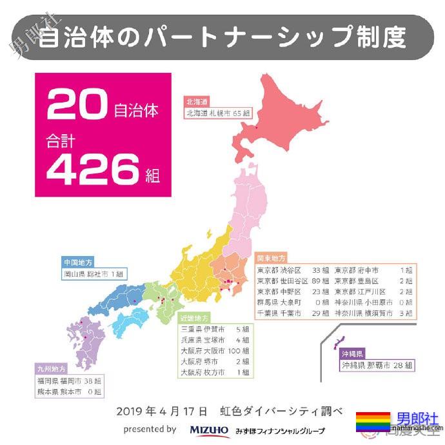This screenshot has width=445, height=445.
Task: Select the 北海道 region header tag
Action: (x=197, y=102)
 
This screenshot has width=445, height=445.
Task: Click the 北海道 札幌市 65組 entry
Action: (x=218, y=112)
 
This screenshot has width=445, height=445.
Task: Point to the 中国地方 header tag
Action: (x=79, y=262)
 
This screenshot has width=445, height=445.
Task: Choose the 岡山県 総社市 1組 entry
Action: (x=94, y=273)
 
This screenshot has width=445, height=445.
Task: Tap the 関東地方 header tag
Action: (x=271, y=257)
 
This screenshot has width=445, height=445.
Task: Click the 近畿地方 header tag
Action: (x=194, y=317)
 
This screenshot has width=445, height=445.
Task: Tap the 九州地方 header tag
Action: (x=50, y=369)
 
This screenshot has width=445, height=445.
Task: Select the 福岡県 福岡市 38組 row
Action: (x=69, y=381)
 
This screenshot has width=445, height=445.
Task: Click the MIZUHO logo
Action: (x=210, y=430)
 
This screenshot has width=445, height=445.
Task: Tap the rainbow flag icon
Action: (x=373, y=421)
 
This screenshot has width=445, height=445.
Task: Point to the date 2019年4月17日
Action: (x=163, y=411)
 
